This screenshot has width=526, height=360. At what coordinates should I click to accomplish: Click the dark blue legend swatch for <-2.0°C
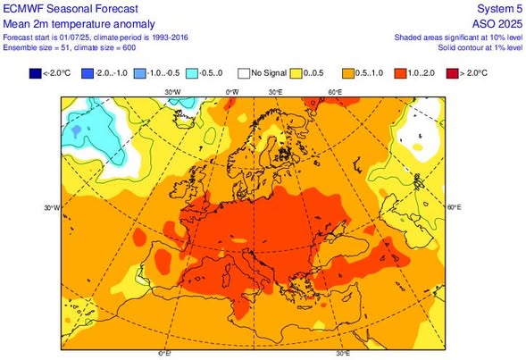tap(35, 73)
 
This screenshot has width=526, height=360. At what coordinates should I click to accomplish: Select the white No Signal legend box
tap(244, 73)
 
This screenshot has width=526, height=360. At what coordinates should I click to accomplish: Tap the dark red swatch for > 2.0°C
tap(452, 73)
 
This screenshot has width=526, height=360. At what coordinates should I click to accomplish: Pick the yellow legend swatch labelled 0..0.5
tap(296, 73)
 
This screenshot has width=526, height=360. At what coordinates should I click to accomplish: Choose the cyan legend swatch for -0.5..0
tap(192, 73)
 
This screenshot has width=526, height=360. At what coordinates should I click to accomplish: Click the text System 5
tap(499, 9)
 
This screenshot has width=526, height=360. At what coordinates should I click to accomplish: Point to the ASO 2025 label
tap(497, 24)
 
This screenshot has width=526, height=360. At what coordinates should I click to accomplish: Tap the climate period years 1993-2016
tap(170, 38)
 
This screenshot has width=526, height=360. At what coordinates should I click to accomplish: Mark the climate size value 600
tap(129, 47)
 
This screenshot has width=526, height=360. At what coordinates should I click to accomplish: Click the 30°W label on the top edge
tap(172, 92)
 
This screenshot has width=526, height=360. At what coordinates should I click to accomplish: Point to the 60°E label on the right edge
tap(455, 207)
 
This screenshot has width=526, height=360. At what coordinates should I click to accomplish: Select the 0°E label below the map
tap(164, 353)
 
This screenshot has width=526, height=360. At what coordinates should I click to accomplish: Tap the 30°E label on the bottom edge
tap(343, 353)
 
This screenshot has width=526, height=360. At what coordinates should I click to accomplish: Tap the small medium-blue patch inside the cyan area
tap(76, 130)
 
